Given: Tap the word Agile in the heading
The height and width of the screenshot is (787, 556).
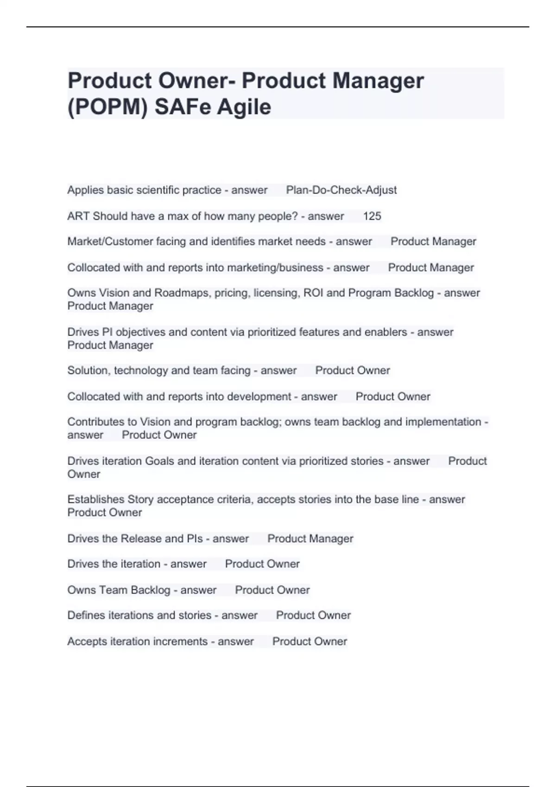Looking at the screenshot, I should coord(244,107).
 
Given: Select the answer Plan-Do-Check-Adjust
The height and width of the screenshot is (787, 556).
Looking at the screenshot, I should coord(341,190).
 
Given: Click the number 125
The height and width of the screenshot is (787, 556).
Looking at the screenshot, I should coord(372,216).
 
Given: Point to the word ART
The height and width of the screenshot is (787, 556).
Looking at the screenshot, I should coord(78,216).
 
